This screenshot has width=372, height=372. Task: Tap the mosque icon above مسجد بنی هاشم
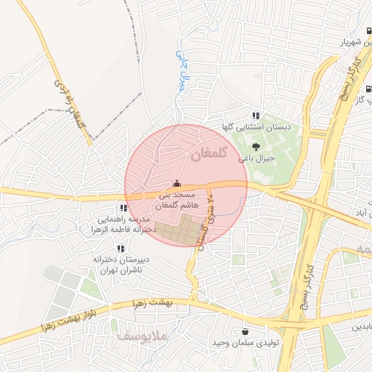(176, 185)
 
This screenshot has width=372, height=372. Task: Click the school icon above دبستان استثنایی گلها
(255, 116)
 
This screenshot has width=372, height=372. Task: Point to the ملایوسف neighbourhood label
(142, 337)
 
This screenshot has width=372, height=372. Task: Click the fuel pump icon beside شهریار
(368, 31)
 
